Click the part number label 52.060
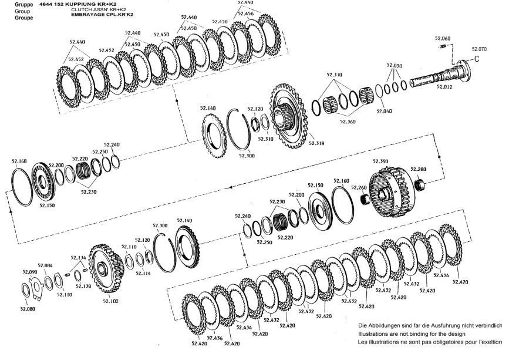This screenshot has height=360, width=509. [x=443, y=38]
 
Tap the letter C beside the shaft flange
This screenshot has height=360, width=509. [x=477, y=59]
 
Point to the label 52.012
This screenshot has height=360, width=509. [x=444, y=87]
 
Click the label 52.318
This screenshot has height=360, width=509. [x=316, y=143]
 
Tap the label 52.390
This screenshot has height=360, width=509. [x=380, y=162]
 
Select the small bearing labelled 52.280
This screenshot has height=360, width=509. [x=420, y=185]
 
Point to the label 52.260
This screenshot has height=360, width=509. [x=359, y=187]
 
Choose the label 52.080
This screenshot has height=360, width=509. [x=27, y=309]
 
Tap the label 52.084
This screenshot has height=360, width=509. [x=45, y=265]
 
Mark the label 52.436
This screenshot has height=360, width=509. [x=214, y=338]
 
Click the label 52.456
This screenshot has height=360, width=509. [x=246, y=14]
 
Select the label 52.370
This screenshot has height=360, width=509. [x=335, y=75]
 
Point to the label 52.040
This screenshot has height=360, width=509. [x=384, y=111]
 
